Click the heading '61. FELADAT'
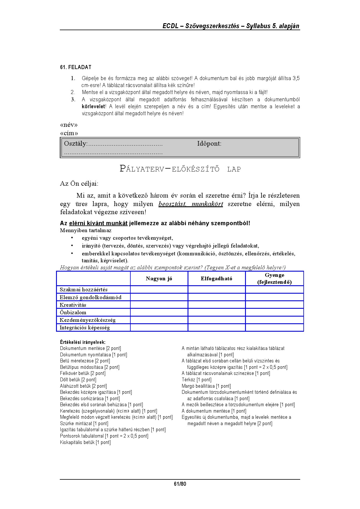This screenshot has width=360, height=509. [75, 67]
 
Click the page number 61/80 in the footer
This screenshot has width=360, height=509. [180, 484]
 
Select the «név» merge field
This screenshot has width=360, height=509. [69, 125]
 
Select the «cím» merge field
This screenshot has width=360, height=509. [69, 133]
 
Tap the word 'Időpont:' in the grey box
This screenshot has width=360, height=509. [209, 144]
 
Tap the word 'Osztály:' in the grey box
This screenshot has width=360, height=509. [75, 144]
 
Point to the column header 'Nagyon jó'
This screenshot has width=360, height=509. [159, 279]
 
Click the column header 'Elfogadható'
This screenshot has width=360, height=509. [216, 279]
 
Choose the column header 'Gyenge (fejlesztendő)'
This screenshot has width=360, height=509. [274, 279]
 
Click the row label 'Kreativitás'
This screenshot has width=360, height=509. [73, 305]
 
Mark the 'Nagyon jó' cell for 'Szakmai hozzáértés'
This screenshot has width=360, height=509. [159, 290]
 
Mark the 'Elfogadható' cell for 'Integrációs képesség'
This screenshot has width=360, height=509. [216, 328]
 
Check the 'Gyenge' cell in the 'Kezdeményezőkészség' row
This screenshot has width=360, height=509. [274, 320]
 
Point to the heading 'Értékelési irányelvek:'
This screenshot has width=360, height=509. [83, 342]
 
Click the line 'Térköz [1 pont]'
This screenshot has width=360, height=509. [197, 380]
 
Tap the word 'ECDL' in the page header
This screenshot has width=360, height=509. [170, 26]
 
